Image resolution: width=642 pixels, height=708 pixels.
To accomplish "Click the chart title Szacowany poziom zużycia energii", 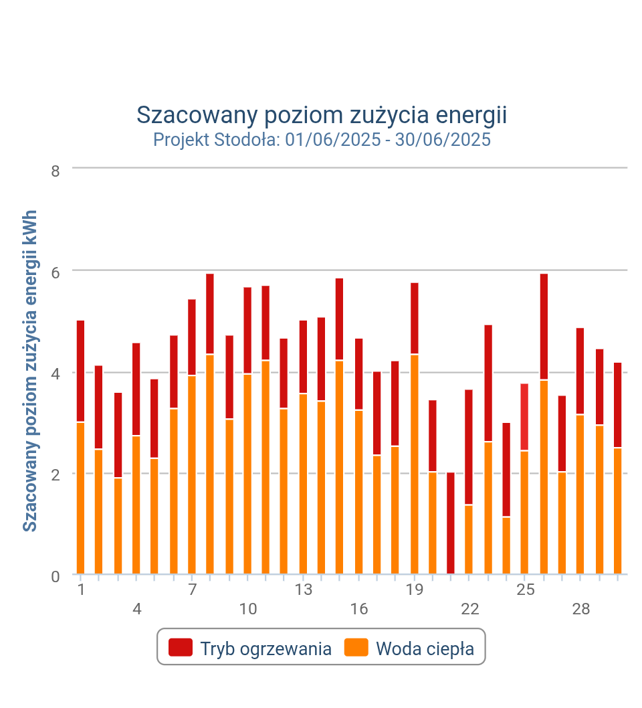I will click(322, 115).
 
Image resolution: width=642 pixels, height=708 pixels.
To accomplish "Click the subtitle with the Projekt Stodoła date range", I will click(322, 140).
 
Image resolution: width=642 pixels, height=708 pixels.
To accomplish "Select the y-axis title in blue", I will click(30, 371).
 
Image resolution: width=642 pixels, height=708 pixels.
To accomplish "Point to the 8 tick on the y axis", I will click(56, 171).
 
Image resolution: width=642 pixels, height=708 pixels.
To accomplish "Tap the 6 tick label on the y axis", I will click(56, 272).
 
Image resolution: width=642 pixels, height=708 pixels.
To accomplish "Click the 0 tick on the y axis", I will click(56, 576).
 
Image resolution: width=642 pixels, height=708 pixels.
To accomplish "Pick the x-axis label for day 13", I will click(304, 590).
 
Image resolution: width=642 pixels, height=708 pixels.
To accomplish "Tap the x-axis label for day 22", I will click(470, 610).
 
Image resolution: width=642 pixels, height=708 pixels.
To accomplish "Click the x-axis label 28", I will click(581, 610).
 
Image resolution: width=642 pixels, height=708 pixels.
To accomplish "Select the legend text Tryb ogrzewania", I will click(265, 648).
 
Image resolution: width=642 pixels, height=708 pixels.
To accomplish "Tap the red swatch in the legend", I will click(181, 648).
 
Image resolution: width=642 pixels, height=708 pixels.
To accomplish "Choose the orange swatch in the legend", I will click(356, 648).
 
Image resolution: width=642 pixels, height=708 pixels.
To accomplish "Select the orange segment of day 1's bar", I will click(81, 498).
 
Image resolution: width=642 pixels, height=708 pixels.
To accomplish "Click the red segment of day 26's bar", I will click(544, 327).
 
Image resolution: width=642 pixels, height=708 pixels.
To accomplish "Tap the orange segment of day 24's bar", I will click(506, 545).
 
